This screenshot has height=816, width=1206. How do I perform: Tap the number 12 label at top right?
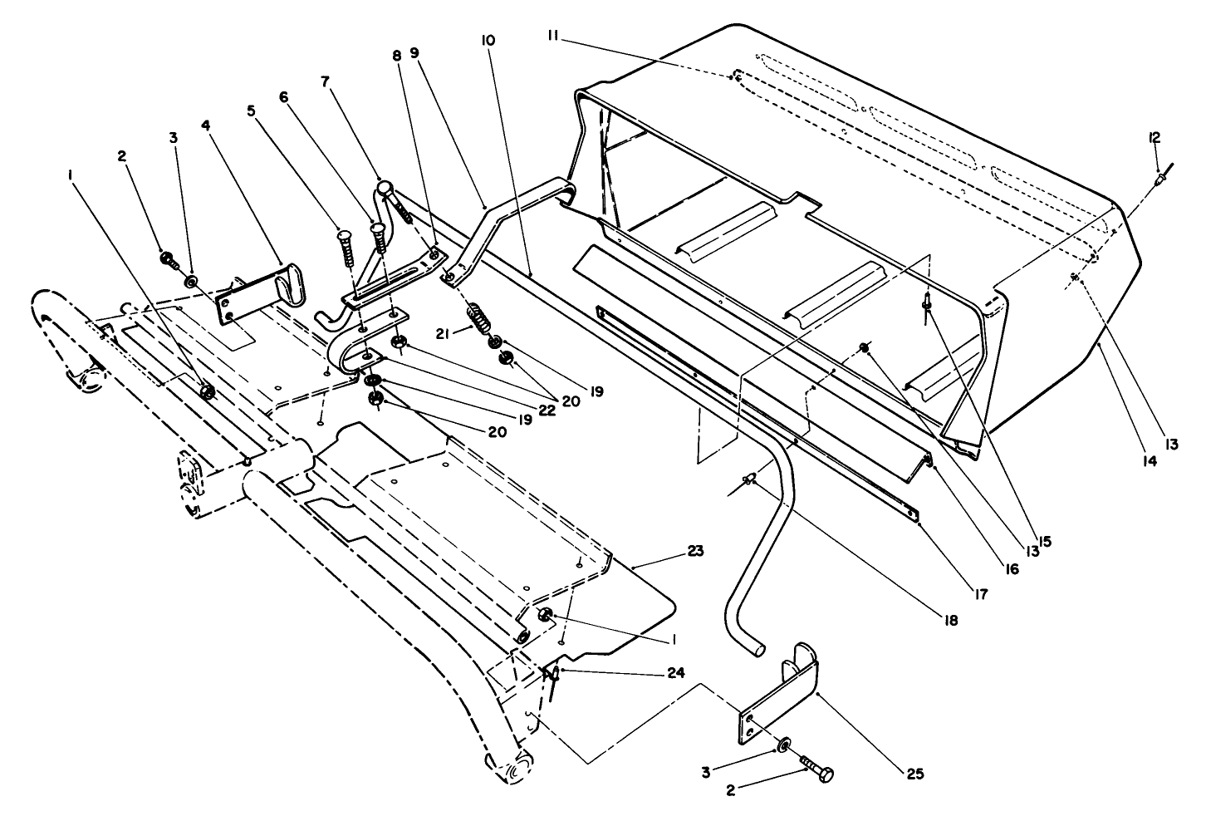click(x=1155, y=137)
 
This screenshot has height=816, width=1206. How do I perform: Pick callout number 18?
click(x=948, y=621)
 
